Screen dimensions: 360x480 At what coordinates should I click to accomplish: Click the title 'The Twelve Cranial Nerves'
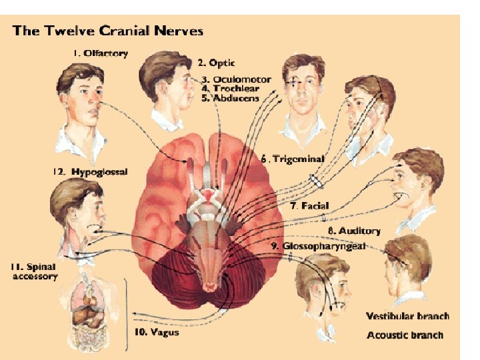click(108, 31)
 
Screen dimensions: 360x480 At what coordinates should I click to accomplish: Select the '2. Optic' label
click(217, 63)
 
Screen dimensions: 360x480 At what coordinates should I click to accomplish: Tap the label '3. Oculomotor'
click(231, 79)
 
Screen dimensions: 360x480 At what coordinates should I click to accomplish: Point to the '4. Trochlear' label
click(227, 89)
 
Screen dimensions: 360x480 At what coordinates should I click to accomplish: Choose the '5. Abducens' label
click(230, 98)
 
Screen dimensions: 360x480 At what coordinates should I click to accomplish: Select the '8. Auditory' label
click(354, 231)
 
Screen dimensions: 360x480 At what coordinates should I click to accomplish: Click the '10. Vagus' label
click(157, 331)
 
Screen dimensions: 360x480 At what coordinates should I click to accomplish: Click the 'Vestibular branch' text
click(407, 316)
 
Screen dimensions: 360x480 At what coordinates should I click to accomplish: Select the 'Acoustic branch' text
click(405, 335)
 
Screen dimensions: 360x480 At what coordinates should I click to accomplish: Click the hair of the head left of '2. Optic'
click(163, 67)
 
